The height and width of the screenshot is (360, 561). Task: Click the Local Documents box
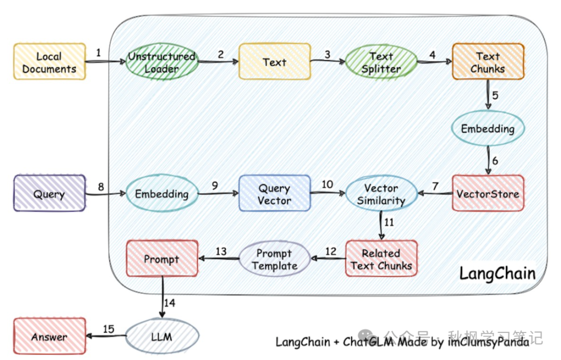[x=49, y=62]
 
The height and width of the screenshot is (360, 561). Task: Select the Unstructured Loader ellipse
[x=162, y=62]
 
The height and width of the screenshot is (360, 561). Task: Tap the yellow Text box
[x=275, y=62]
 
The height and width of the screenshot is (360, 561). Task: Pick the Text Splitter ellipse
[x=381, y=62]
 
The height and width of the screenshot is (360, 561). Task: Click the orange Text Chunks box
[x=488, y=62]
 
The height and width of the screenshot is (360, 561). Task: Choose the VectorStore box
[x=488, y=194]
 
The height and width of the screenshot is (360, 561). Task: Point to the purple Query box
[x=49, y=194]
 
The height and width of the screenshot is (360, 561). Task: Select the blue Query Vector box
[x=275, y=194]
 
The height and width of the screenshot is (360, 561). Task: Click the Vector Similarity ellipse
[x=381, y=194]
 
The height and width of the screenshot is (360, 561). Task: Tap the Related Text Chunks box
[x=381, y=259]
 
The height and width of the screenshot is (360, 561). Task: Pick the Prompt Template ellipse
[x=274, y=259]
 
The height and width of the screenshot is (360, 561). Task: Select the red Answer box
[x=49, y=337]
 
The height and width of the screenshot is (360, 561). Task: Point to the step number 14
[x=169, y=302]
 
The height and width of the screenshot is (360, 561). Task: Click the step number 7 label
[x=435, y=185]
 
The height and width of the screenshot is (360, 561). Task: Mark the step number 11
[x=389, y=222]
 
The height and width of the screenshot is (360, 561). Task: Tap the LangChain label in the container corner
[x=497, y=273]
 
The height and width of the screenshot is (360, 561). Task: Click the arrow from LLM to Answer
[x=106, y=337]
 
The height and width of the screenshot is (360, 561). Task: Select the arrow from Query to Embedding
[x=106, y=194]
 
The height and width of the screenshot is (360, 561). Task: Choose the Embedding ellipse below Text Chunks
[x=488, y=128]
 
